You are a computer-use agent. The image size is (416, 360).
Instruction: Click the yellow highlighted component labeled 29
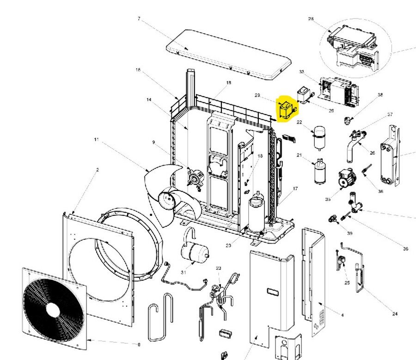tap(287, 110)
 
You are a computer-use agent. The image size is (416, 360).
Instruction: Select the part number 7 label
tap(139, 18)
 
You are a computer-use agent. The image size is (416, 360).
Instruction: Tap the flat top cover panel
tap(229, 55)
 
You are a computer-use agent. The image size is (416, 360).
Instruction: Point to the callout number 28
tap(311, 19)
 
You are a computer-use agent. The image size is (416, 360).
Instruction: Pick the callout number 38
tap(380, 95)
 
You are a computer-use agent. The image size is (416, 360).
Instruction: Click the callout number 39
tap(349, 233)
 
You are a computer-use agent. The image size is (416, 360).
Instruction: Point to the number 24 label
tap(394, 314)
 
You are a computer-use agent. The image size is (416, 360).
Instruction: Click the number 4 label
tap(342, 316)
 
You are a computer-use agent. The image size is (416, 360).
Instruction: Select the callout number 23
tap(219, 268)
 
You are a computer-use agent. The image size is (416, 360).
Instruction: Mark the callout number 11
tap(96, 139)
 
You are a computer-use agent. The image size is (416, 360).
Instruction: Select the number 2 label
tap(98, 170)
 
